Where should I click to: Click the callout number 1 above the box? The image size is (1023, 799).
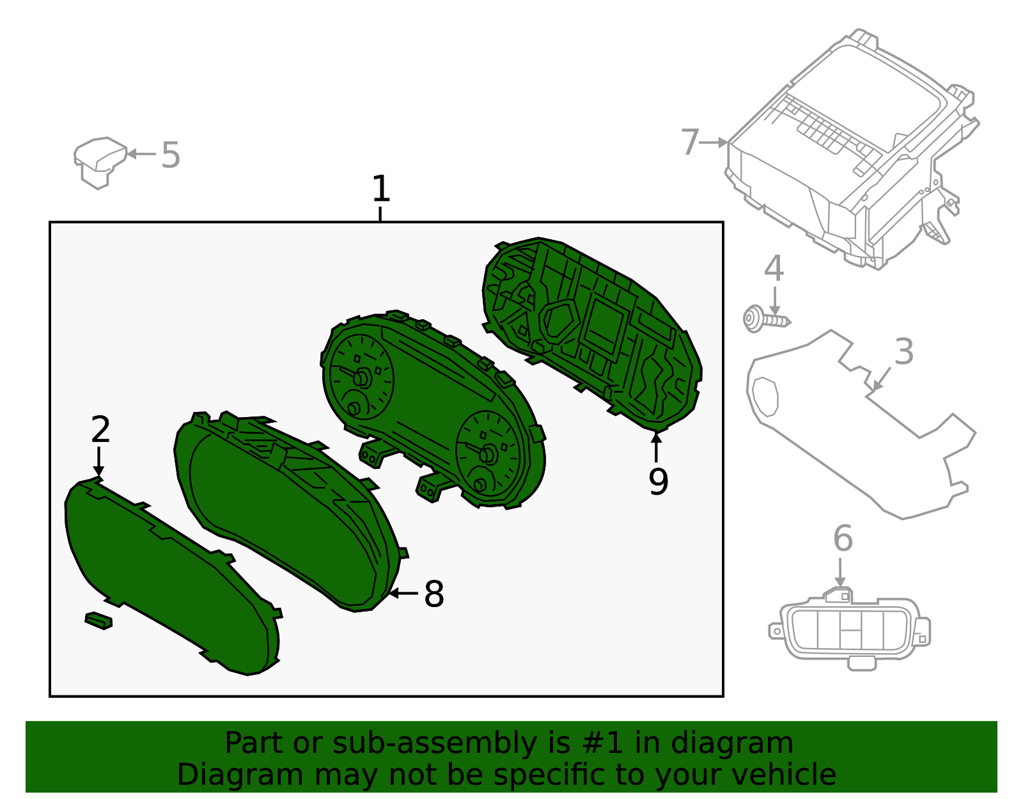click(380, 189)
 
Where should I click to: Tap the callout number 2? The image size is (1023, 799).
click(100, 430)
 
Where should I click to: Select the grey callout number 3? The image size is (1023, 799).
click(903, 352)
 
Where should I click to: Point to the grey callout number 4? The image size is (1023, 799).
click(774, 269)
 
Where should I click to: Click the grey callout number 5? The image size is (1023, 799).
click(170, 155)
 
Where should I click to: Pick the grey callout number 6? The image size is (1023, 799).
click(843, 539)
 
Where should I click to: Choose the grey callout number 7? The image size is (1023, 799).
click(690, 142)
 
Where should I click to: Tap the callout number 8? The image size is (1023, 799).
click(433, 594)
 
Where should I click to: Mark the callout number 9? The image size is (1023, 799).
click(658, 482)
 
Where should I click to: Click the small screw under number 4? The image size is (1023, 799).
click(765, 319)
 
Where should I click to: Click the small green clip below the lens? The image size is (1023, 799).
click(98, 620)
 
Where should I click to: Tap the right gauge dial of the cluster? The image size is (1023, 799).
click(488, 454)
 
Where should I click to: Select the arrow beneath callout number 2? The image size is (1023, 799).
click(98, 462)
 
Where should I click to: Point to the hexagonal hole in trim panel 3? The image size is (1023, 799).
click(765, 397)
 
